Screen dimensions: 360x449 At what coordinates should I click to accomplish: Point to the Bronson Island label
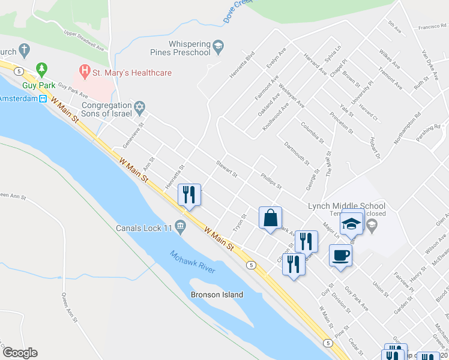(x=217, y=295)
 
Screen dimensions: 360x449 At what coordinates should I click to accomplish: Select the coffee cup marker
(x=340, y=256)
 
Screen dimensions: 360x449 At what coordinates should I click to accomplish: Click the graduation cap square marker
(x=351, y=224)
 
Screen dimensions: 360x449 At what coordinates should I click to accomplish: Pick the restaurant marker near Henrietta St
(x=189, y=194)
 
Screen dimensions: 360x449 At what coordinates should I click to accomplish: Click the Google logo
(x=20, y=353)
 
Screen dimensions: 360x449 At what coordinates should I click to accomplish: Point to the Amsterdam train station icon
(x=43, y=99)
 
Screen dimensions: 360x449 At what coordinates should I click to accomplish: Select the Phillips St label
(x=271, y=181)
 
